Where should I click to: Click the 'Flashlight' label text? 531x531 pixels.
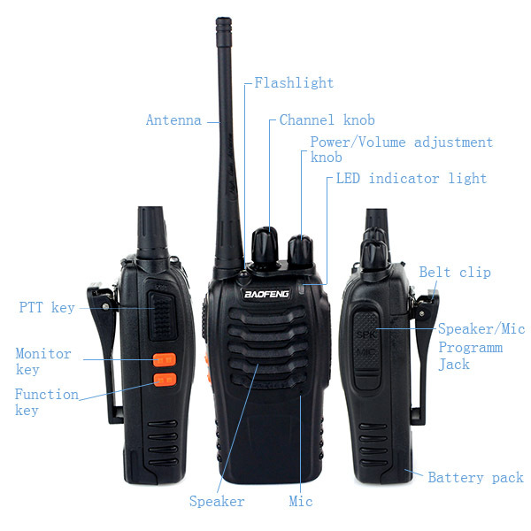(294, 83)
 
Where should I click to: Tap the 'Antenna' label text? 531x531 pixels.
(173, 120)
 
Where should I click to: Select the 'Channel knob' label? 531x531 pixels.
(327, 120)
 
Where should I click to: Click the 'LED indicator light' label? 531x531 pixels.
(411, 179)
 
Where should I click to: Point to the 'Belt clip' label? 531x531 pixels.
(454, 273)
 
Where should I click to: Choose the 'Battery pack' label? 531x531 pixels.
(475, 478)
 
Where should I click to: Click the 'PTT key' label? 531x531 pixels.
(47, 308)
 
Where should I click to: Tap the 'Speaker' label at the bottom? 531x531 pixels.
(217, 502)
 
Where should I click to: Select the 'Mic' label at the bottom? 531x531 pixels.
(301, 502)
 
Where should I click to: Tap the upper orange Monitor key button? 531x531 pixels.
(164, 360)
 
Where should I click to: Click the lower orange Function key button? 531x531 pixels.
(164, 381)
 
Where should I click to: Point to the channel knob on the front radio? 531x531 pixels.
(264, 242)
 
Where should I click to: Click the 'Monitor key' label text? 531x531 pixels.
(43, 361)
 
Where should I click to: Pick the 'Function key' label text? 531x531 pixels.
(46, 402)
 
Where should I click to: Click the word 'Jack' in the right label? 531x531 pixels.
(454, 364)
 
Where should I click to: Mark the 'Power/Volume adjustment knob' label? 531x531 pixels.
(400, 149)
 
